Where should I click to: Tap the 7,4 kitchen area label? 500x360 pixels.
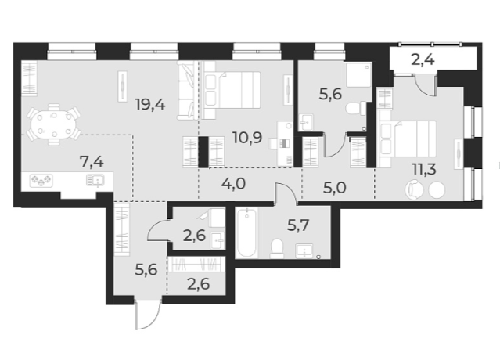95,162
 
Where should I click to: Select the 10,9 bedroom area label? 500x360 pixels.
247,139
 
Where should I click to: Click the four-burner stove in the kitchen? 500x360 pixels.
40,181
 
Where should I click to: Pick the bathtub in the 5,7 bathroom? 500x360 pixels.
248,232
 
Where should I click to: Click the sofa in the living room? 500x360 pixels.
189,92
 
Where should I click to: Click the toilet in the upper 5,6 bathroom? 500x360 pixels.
357,106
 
